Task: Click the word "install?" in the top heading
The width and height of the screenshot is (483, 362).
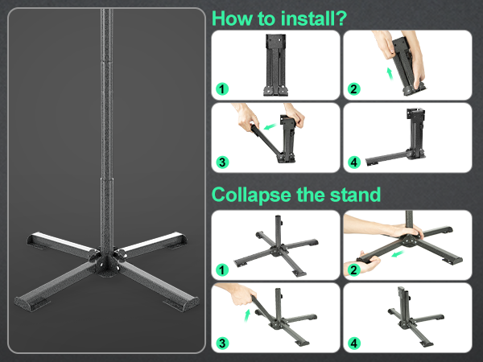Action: click(x=314, y=19)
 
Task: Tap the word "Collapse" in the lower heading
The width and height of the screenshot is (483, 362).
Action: click(x=251, y=195)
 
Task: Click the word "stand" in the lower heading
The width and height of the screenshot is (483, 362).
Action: click(x=355, y=195)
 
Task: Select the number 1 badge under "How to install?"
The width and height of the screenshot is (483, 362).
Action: click(x=222, y=89)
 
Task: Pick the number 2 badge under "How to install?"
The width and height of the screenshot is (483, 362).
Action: click(x=354, y=89)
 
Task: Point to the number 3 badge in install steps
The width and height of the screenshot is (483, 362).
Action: click(x=222, y=162)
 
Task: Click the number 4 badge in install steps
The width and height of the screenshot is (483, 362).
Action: click(x=354, y=162)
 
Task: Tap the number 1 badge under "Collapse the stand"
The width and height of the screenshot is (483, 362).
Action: click(x=222, y=270)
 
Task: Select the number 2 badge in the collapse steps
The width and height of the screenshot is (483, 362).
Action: click(x=354, y=270)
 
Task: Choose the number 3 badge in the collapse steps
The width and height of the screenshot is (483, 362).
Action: click(x=222, y=343)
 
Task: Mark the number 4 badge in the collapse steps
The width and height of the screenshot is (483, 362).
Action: click(x=354, y=343)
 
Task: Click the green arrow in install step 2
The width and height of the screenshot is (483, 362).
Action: click(x=390, y=74)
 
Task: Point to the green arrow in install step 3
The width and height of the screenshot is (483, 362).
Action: click(x=270, y=126)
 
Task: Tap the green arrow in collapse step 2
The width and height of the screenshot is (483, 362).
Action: click(x=398, y=253)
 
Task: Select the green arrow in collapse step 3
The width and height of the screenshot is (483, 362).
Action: click(x=247, y=315)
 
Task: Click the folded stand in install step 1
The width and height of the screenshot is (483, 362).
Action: click(x=275, y=65)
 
